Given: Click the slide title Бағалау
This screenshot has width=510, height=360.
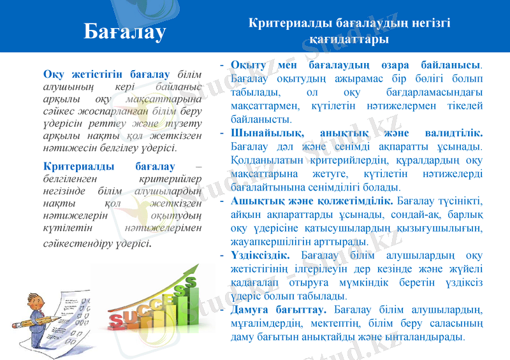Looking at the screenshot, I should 125,30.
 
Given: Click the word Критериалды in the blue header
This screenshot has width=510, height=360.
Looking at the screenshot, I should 281,23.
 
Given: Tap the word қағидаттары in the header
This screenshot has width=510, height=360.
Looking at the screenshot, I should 349,40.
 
